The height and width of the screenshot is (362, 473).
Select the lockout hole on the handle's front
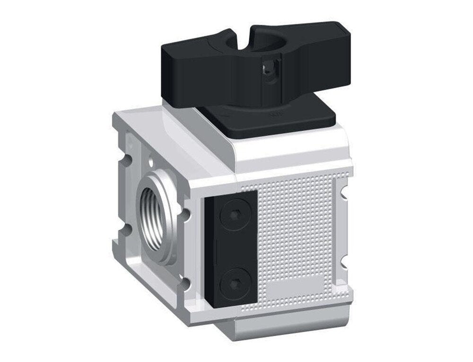click(x=268, y=70)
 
